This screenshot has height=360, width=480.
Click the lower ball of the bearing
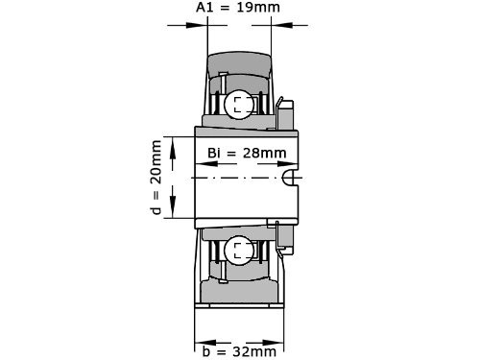coord(238,252)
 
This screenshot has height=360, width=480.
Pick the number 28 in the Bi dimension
coord(253,154)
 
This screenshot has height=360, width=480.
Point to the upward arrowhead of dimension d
coord(173,143)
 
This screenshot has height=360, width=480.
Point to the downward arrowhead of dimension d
coord(173,215)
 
